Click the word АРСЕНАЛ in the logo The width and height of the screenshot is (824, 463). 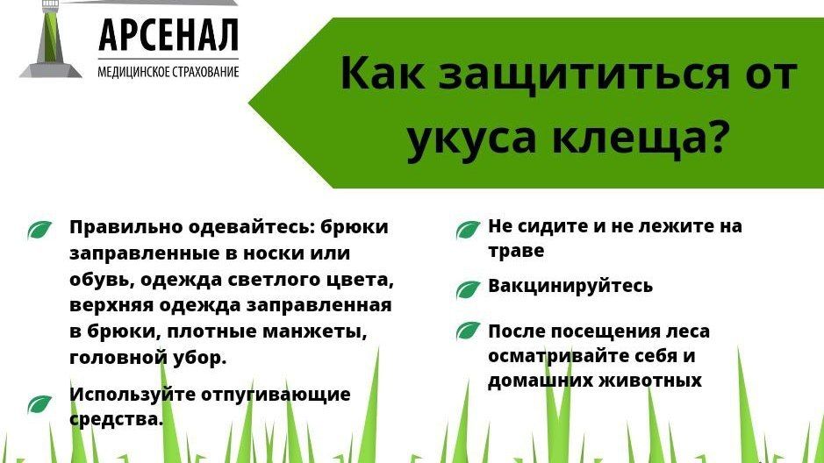(x=168, y=35)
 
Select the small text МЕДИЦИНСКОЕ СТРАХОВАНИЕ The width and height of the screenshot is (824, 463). (x=168, y=71)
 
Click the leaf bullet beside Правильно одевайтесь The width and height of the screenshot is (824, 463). (x=40, y=230)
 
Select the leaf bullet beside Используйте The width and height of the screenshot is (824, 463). (x=40, y=404)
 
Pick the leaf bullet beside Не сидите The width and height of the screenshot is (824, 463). (x=468, y=230)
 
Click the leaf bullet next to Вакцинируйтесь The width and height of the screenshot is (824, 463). (x=468, y=288)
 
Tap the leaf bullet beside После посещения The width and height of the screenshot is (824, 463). (x=468, y=331)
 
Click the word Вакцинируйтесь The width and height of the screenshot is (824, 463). (x=570, y=286)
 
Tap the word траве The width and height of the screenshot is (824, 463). (x=516, y=251)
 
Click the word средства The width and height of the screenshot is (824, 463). (x=116, y=419)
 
